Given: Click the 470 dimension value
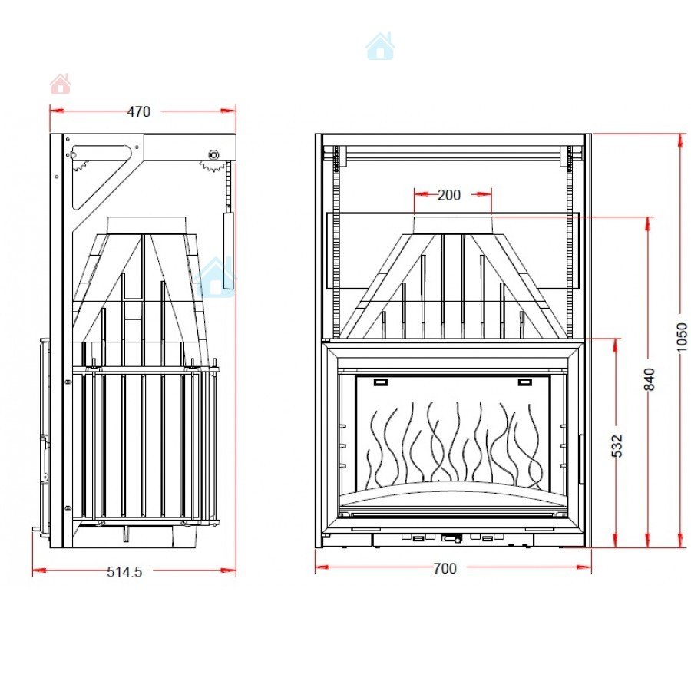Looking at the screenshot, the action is point(139,112).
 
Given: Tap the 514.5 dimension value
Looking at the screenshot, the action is point(124,572).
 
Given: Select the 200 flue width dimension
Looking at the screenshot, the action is point(448,195).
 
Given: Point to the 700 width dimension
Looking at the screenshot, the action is point(445,568).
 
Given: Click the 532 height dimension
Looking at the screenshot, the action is point(617,445).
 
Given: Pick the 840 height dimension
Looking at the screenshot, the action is point(650,379).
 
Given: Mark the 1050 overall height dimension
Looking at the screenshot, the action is point(682,338).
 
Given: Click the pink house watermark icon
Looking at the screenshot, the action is point(61,84).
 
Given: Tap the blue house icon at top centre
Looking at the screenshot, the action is point(380,46).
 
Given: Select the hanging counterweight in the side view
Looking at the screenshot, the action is point(228,250).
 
